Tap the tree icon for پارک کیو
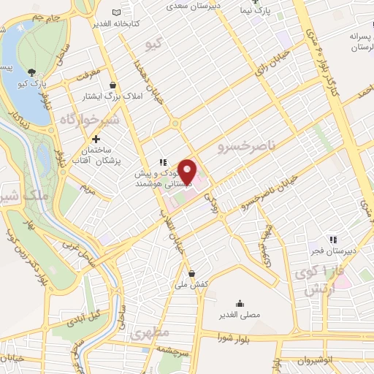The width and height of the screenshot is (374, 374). pos(31,72)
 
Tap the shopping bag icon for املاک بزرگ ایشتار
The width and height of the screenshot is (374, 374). pos(112,83)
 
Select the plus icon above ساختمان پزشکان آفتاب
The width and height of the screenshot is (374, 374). pos(96,138)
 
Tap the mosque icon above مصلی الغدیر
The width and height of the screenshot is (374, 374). pos(239,303)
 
